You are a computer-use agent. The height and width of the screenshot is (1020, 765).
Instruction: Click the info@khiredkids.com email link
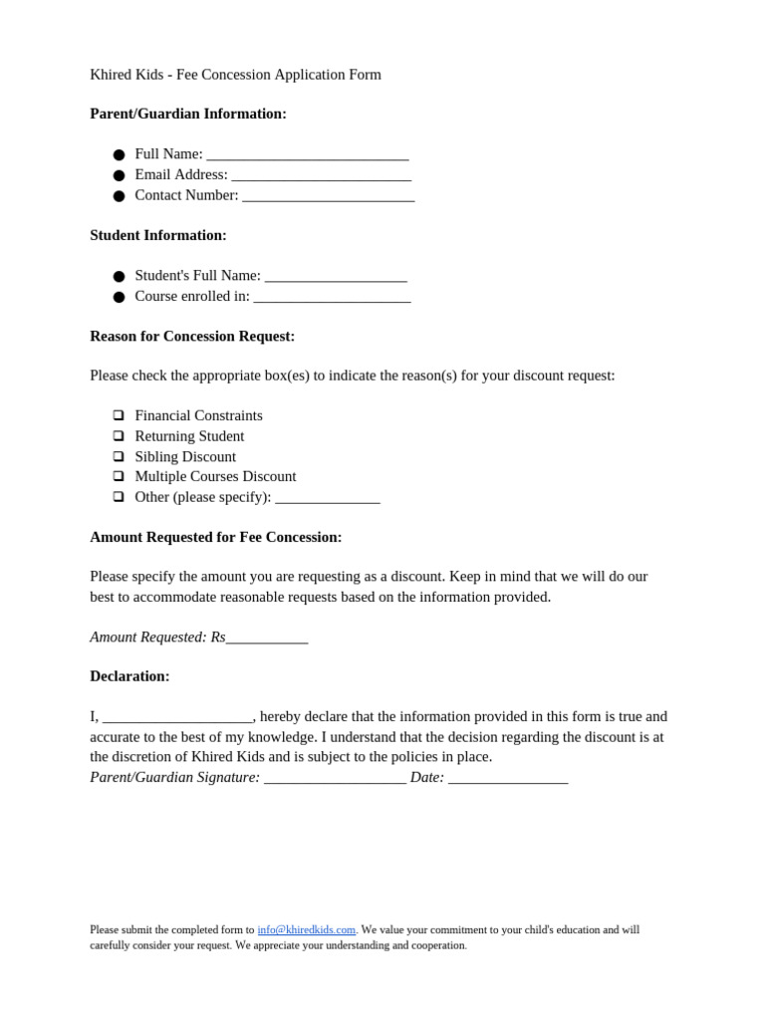coord(306,929)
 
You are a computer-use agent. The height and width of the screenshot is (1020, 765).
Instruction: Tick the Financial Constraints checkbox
coord(119,415)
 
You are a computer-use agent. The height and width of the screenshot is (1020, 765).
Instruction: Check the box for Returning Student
coord(119,436)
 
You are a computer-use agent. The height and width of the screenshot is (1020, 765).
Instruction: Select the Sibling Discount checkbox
coord(119,456)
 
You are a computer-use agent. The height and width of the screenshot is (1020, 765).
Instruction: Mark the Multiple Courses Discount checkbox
coord(119,476)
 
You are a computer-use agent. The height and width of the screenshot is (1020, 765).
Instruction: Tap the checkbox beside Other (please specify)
coord(119,496)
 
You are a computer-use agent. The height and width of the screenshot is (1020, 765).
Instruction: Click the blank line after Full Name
coord(307,155)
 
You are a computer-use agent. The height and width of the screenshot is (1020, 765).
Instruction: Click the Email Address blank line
coord(321,176)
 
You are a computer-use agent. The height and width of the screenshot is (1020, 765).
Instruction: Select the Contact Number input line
coord(328,197)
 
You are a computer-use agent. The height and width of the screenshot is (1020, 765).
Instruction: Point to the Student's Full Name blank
coord(336,277)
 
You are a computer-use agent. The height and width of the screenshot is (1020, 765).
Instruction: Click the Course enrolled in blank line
coord(332,298)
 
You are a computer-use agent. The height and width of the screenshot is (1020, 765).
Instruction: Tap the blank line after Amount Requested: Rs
coord(267,638)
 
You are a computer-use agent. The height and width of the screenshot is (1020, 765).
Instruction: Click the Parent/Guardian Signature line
coord(335,779)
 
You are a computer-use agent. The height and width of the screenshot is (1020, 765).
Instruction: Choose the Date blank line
coord(508,779)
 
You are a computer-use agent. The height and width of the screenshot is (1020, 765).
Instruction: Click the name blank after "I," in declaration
coord(177,718)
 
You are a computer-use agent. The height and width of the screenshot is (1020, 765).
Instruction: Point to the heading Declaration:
coord(129,676)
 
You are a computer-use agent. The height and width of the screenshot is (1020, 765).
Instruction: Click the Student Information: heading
coord(158,235)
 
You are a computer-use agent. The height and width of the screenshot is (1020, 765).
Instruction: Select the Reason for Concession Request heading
coord(192,336)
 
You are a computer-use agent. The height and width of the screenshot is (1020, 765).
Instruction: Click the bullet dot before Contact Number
coord(119,196)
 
